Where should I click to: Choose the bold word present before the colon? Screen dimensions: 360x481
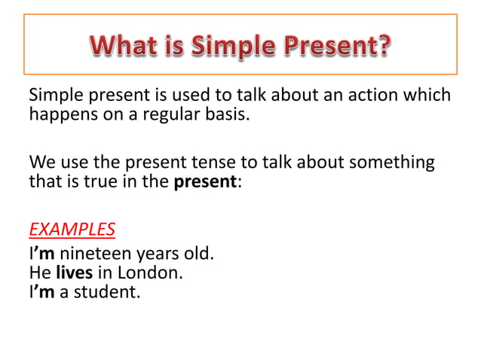pos(206,182)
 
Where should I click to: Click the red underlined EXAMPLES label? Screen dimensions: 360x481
pos(72,229)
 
